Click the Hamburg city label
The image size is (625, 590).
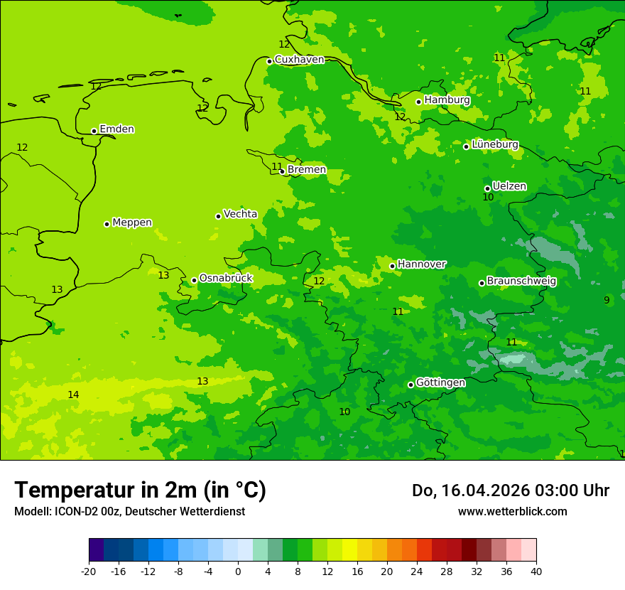coord(447,100)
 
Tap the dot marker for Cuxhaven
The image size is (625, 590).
coord(269,61)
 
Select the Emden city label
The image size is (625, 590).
coord(116,129)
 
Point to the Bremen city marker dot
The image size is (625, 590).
coord(282,171)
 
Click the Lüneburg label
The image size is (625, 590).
coord(494,144)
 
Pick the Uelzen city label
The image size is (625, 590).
coord(509,186)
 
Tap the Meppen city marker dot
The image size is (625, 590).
coord(107,224)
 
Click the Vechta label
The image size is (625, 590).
coord(240,214)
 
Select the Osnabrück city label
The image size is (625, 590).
coord(226,278)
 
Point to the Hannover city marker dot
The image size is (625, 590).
coord(392,267)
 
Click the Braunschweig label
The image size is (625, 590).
coord(521,281)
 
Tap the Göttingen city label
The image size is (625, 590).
coord(440,382)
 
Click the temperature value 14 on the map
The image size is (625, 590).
coord(73,395)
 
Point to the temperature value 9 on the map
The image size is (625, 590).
coord(607,300)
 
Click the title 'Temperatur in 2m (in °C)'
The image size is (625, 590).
coord(140,490)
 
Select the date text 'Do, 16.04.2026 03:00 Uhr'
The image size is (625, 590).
coord(510,490)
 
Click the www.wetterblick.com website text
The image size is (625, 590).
coord(512,512)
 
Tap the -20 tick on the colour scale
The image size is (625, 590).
coord(89,571)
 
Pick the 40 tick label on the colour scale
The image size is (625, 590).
coord(536,571)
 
